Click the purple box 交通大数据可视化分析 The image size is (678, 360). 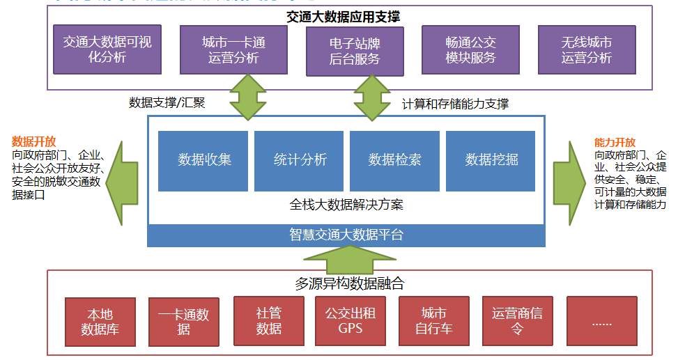107,50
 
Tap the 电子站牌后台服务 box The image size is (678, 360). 355,52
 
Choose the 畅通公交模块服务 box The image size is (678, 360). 470,50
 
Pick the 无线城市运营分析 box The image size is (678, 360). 587,50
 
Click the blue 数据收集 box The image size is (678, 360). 203,160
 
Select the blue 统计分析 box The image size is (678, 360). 299,160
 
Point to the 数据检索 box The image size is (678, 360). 394,160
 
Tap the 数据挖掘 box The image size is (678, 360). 491,160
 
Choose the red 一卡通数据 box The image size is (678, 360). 183,321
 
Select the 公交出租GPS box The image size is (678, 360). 350,320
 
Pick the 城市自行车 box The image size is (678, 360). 433,320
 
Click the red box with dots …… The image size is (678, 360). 601,321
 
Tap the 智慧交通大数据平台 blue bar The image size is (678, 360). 346,235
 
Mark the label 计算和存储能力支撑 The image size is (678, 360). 455,104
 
